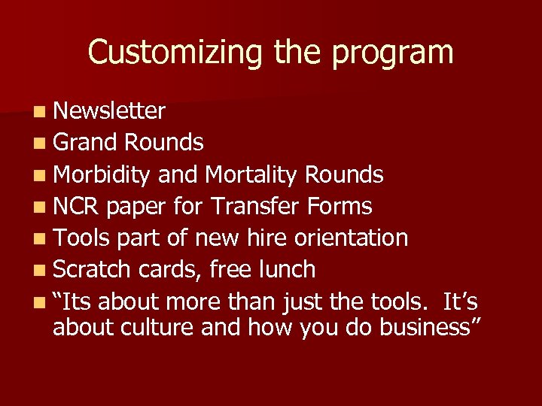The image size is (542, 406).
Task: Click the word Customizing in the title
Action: click(175, 53)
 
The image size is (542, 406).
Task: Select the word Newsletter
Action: click(109, 111)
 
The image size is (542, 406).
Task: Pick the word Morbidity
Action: click(102, 175)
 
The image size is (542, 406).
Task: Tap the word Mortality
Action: click(251, 175)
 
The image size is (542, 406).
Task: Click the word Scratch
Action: click(90, 269)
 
